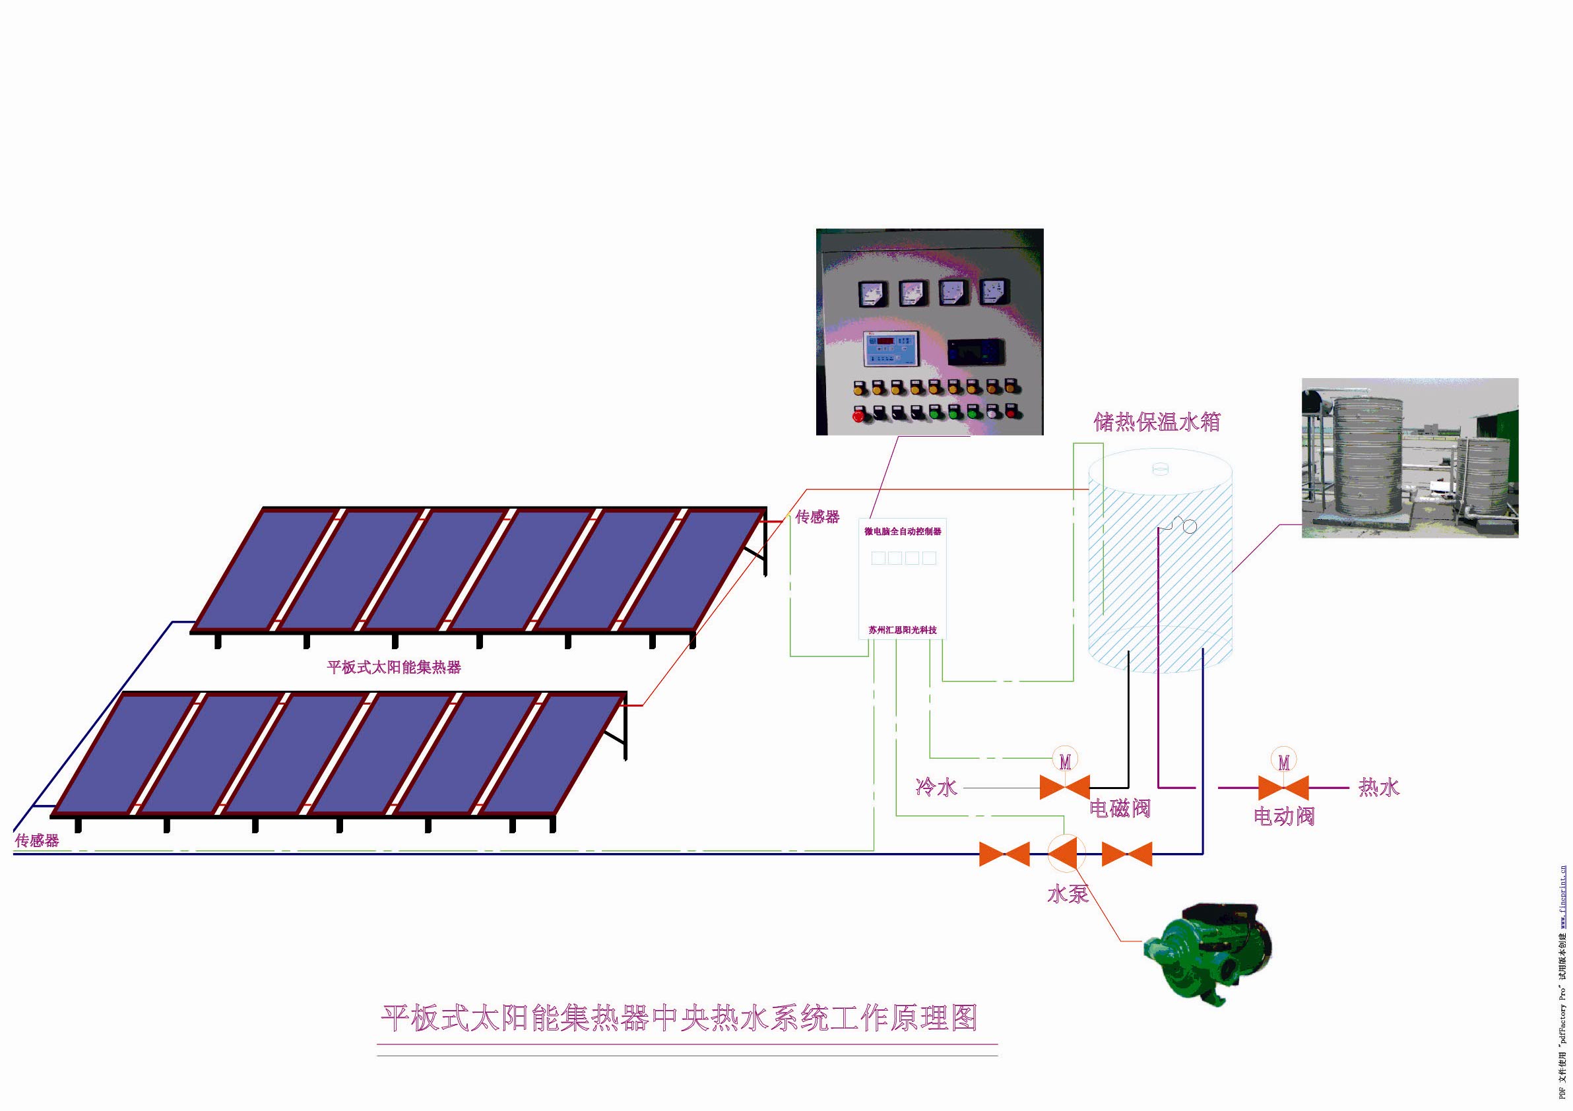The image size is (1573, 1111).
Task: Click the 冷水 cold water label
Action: [936, 787]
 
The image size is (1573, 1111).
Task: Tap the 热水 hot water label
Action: [1378, 787]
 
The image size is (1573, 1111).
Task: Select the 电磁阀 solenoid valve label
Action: [1120, 808]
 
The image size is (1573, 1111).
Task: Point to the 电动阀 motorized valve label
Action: [1284, 816]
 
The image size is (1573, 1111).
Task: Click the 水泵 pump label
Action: [1068, 894]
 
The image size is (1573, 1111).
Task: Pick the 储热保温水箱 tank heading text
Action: [1157, 422]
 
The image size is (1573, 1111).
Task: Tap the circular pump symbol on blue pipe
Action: [1066, 854]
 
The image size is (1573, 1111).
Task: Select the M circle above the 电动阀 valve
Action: [1283, 761]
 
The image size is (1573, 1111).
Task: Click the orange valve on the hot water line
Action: [1283, 788]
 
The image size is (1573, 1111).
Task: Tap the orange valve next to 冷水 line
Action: [1065, 787]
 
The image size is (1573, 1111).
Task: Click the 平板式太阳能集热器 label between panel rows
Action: [394, 667]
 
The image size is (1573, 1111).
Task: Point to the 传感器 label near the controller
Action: [818, 517]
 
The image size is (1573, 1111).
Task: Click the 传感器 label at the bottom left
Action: [37, 841]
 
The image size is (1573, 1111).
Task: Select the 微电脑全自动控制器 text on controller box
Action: [902, 532]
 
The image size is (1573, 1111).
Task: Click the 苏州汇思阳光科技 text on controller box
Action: [902, 630]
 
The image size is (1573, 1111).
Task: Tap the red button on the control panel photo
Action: [858, 415]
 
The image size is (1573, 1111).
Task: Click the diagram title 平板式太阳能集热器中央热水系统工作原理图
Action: [678, 1019]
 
